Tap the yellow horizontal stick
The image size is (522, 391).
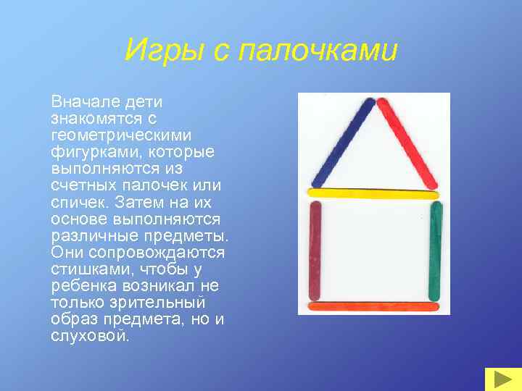pyautogui.click(x=373, y=193)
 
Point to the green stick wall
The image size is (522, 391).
pyautogui.click(x=436, y=250)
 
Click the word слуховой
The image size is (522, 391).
pyautogui.click(x=89, y=336)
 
